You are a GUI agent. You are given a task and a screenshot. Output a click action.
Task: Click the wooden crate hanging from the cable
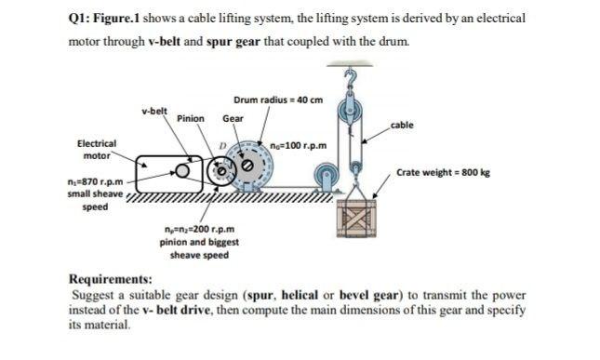click(x=354, y=221)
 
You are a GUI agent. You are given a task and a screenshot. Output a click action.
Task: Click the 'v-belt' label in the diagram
click(x=154, y=112)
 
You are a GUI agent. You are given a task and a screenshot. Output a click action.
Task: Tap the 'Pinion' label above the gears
click(x=191, y=119)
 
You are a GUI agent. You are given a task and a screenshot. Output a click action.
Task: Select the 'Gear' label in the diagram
click(x=233, y=119)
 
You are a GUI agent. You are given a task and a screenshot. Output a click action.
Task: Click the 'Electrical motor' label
click(x=96, y=150)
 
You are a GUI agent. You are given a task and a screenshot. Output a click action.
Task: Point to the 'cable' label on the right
click(x=402, y=125)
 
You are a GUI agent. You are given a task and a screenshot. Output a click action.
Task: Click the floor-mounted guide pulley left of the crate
click(x=326, y=176)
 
